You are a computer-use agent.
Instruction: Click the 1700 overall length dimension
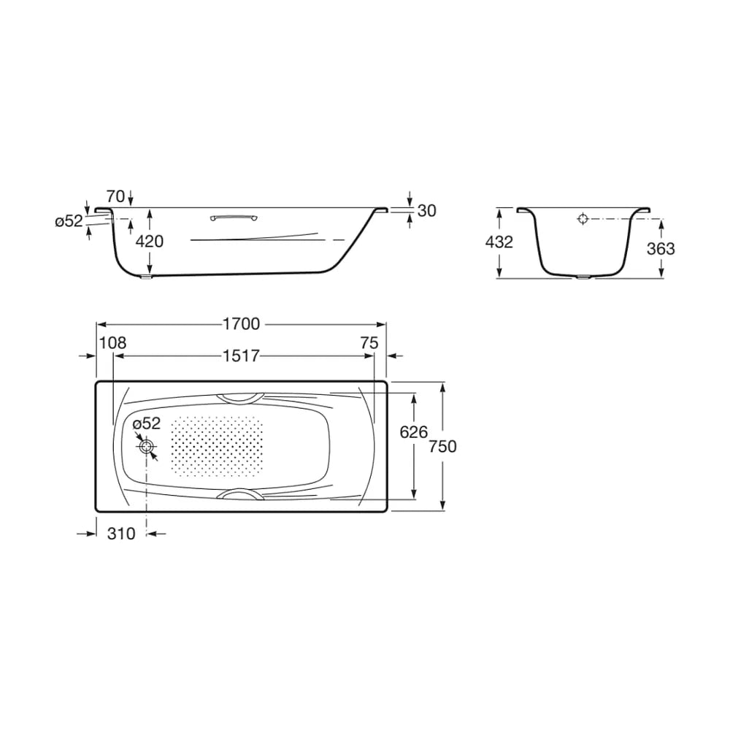pyautogui.click(x=241, y=324)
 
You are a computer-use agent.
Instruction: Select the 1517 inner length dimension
pyautogui.click(x=241, y=356)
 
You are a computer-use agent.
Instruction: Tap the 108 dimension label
pyautogui.click(x=112, y=343)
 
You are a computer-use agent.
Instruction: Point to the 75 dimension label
pyautogui.click(x=369, y=343)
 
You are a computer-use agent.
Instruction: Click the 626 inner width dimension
pyautogui.click(x=413, y=432)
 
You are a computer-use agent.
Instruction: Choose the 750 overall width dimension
pyautogui.click(x=442, y=447)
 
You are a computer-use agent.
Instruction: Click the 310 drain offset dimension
pyautogui.click(x=121, y=534)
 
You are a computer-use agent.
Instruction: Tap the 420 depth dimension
pyautogui.click(x=150, y=241)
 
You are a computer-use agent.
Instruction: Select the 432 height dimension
pyautogui.click(x=499, y=242)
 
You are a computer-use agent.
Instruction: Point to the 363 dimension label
pyautogui.click(x=661, y=249)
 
